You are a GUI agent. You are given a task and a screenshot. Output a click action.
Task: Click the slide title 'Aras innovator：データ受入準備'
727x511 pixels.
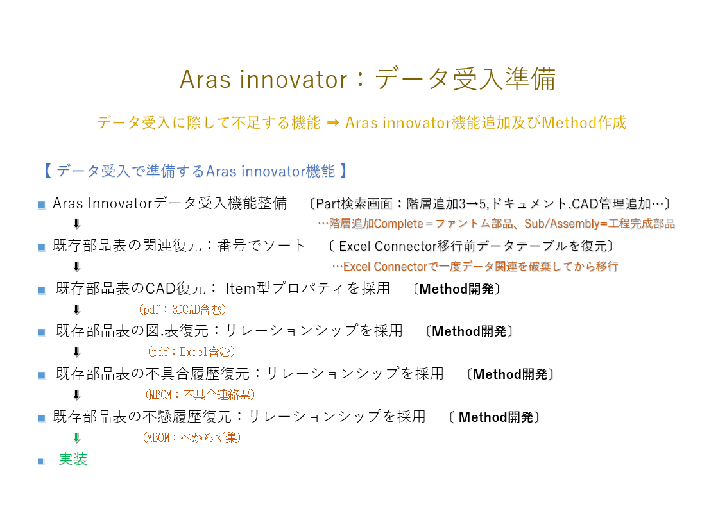click(368, 79)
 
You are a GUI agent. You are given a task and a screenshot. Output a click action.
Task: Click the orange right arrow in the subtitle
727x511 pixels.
click(333, 122)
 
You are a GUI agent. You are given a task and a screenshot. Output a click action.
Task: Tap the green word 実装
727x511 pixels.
click(73, 459)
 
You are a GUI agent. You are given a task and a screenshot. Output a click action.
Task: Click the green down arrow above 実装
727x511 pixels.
click(77, 438)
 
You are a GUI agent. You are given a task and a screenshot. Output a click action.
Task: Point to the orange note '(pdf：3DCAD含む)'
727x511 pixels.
click(182, 309)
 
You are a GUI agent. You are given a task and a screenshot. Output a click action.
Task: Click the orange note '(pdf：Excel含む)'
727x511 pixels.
click(191, 351)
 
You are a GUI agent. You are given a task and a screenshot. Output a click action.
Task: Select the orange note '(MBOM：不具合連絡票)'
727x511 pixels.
click(200, 395)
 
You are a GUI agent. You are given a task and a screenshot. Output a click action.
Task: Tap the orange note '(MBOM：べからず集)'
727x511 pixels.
click(191, 437)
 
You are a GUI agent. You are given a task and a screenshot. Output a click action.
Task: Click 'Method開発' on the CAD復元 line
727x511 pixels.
click(457, 289)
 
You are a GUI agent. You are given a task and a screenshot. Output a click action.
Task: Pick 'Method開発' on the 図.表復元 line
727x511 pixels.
click(469, 331)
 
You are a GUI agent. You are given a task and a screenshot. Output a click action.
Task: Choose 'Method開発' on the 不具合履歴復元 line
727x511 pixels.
click(510, 374)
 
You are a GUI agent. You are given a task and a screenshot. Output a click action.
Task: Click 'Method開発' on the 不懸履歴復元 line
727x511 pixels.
click(496, 417)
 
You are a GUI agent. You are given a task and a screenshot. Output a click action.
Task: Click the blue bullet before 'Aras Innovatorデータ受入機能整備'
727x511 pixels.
click(42, 205)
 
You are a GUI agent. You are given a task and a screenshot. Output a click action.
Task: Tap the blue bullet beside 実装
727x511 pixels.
click(41, 462)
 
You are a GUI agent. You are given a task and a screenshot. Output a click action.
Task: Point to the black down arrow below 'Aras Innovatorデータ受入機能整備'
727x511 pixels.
click(77, 224)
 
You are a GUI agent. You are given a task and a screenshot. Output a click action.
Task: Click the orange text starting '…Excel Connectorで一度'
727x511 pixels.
click(475, 266)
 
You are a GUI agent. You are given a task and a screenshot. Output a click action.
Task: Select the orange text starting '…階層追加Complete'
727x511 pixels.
click(496, 224)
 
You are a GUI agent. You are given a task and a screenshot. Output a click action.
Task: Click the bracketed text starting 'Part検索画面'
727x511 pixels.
click(490, 204)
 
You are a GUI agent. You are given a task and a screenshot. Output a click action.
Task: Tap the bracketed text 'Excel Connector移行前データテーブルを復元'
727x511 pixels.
click(470, 246)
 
